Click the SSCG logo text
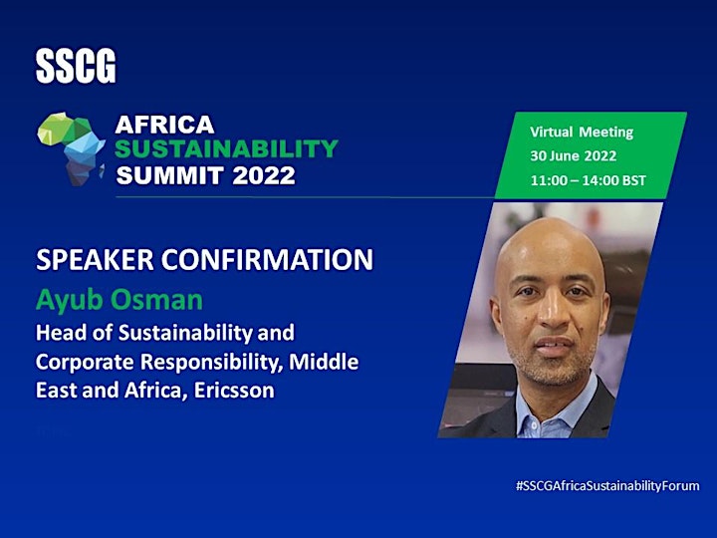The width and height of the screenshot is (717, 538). pyautogui.click(x=76, y=67)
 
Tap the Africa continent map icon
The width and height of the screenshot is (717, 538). pyautogui.click(x=72, y=148)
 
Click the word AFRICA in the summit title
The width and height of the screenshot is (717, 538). pyautogui.click(x=164, y=125)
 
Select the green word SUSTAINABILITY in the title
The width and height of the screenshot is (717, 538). pyautogui.click(x=226, y=148)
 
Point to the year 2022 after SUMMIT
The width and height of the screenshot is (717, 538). pyautogui.click(x=264, y=175)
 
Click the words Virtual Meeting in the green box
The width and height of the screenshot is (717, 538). pyautogui.click(x=582, y=133)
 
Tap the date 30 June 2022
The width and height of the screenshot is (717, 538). pyautogui.click(x=574, y=156)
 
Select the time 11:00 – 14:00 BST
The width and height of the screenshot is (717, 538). pyautogui.click(x=589, y=180)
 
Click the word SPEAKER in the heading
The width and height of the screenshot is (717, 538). pyautogui.click(x=95, y=260)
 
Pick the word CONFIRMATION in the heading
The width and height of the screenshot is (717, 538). pyautogui.click(x=267, y=260)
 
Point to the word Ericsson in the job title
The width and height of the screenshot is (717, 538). pyautogui.click(x=234, y=391)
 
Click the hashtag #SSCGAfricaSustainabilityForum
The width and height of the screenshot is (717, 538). pyautogui.click(x=607, y=486)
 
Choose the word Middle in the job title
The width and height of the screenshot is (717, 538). pyautogui.click(x=324, y=362)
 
